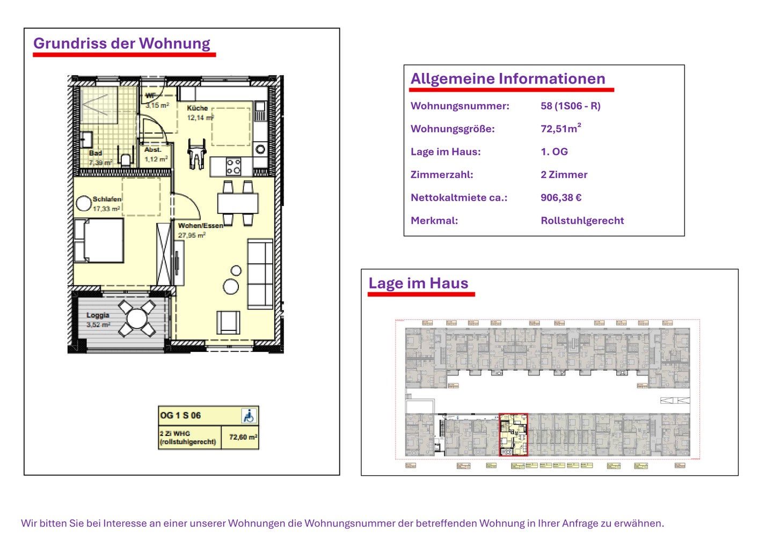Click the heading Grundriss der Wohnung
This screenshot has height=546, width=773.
pyautogui.click(x=122, y=43)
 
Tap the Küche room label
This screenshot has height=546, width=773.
pyautogui.click(x=197, y=108)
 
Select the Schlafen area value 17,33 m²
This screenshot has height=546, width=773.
pyautogui.click(x=106, y=209)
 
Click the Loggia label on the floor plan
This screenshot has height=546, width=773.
pyautogui.click(x=98, y=315)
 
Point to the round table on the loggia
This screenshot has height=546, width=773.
pyautogui.click(x=137, y=319)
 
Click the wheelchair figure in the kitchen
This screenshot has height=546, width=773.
pyautogui.click(x=196, y=154)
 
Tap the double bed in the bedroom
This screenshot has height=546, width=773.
pyautogui.click(x=100, y=240)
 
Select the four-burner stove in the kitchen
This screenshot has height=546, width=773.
pyautogui.click(x=233, y=166)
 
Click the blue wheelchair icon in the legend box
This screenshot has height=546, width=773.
pyautogui.click(x=249, y=416)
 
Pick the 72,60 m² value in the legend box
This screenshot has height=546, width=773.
pyautogui.click(x=243, y=437)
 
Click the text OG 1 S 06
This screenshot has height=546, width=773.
pyautogui.click(x=180, y=416)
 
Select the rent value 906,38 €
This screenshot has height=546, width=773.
pyautogui.click(x=561, y=197)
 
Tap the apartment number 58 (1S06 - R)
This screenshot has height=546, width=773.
pyautogui.click(x=570, y=106)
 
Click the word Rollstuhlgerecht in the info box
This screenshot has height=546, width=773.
pyautogui.click(x=582, y=220)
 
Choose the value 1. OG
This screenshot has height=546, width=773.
pyautogui.click(x=554, y=151)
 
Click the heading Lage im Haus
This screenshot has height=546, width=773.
pyautogui.click(x=418, y=283)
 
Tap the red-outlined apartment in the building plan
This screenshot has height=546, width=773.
pyautogui.click(x=513, y=434)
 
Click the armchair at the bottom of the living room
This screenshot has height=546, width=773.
pyautogui.click(x=228, y=322)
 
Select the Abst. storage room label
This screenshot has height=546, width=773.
pyautogui.click(x=153, y=150)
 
